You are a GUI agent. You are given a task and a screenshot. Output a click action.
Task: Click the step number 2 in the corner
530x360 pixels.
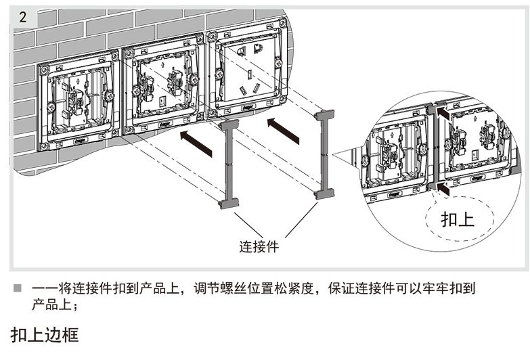tap(22, 16)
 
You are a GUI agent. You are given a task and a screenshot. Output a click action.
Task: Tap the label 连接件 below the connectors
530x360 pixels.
tap(259, 246)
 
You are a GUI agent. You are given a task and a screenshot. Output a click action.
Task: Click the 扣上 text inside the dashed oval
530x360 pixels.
tap(458, 219)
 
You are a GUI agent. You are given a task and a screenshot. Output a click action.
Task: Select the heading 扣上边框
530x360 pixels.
tap(45, 335)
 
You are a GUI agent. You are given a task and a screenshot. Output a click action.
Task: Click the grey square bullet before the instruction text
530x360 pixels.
tap(17, 288)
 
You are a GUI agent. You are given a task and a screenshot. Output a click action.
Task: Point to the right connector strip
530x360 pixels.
tap(324, 154)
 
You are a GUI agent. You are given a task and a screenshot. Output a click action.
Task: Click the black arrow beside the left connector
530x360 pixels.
tap(196, 144)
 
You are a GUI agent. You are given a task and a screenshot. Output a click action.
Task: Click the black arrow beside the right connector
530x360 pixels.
tap(283, 131)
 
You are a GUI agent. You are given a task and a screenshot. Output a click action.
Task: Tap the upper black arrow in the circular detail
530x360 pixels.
tap(443, 113)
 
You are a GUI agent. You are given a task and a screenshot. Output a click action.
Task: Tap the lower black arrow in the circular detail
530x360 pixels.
tap(443, 189)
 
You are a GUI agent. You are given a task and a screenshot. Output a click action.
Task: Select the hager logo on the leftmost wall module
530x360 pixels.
tap(81, 140)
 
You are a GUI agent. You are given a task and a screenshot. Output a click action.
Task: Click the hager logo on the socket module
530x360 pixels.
tap(248, 108)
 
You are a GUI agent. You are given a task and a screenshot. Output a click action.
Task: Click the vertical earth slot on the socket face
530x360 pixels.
tap(249, 74)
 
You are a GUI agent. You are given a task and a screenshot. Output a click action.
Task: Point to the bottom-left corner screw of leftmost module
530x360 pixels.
tap(43, 146)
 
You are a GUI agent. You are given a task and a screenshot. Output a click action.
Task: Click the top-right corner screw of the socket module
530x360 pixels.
tap(282, 24)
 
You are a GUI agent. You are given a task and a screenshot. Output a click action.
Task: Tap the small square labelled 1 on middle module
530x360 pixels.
tap(162, 101)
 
